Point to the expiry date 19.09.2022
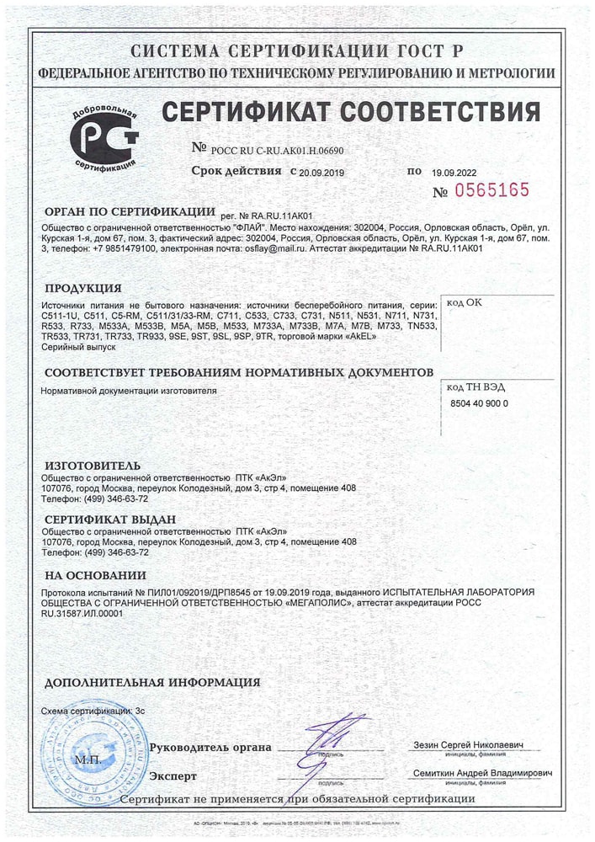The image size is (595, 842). pos(460,172)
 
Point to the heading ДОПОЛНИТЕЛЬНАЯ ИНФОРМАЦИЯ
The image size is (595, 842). pos(151,682)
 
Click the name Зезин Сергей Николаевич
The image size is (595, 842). pos(469,745)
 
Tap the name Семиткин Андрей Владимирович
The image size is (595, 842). pos(482,773)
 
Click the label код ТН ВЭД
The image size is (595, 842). pos(475,386)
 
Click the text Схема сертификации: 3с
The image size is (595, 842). pos(93,711)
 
